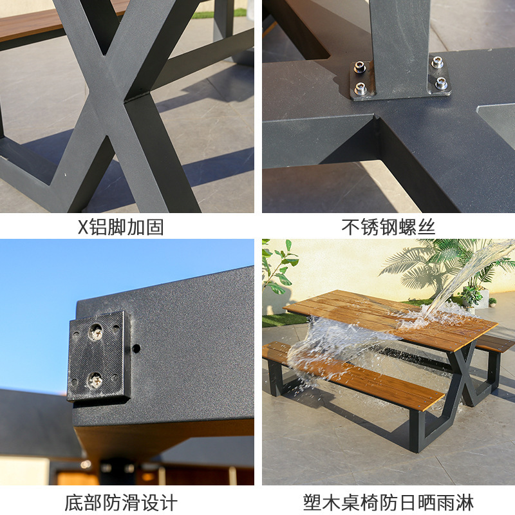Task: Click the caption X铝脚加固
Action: (x=120, y=227)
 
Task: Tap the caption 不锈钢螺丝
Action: (x=388, y=227)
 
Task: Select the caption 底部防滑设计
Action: (x=121, y=502)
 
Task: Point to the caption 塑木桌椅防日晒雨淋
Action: (x=388, y=502)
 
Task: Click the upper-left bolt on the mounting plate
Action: (x=360, y=67)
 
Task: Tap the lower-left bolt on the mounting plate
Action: (x=360, y=88)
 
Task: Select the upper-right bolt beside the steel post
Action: (x=437, y=62)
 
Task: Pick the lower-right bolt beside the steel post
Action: (x=441, y=84)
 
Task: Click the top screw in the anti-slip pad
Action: (x=96, y=332)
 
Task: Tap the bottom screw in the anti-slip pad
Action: (x=95, y=380)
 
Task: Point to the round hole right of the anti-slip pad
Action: (x=136, y=348)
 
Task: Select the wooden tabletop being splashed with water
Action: (x=391, y=319)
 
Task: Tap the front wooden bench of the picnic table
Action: (x=353, y=375)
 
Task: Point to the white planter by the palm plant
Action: (x=481, y=299)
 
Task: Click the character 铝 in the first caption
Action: (x=99, y=227)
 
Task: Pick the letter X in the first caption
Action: (x=84, y=227)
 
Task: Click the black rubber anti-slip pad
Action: (x=99, y=357)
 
